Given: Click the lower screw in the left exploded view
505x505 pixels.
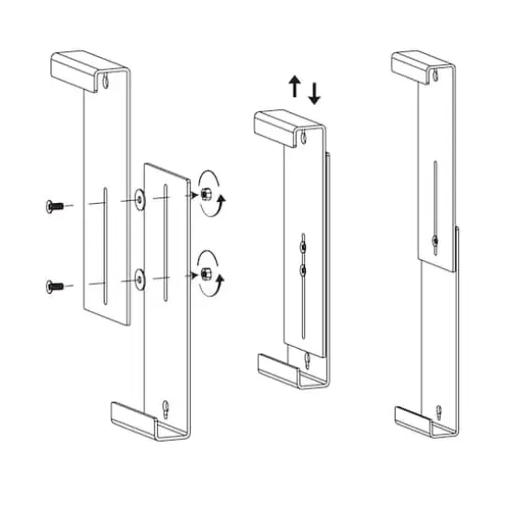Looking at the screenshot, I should coord(51,287).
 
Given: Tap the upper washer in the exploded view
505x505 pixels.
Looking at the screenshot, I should coord(139,197).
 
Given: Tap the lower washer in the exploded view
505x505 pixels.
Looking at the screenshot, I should coord(139,276).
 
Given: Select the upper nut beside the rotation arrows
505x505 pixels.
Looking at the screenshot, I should coord(207,195).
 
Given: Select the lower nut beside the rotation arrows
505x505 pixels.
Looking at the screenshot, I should coord(207,274).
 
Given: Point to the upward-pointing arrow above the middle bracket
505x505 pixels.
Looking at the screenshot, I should coord(294,88).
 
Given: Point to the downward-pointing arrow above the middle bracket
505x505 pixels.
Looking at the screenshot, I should coord(315,92).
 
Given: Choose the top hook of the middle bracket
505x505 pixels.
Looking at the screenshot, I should coord(285,123).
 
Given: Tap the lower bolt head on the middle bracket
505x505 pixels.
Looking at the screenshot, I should coord(302,270).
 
